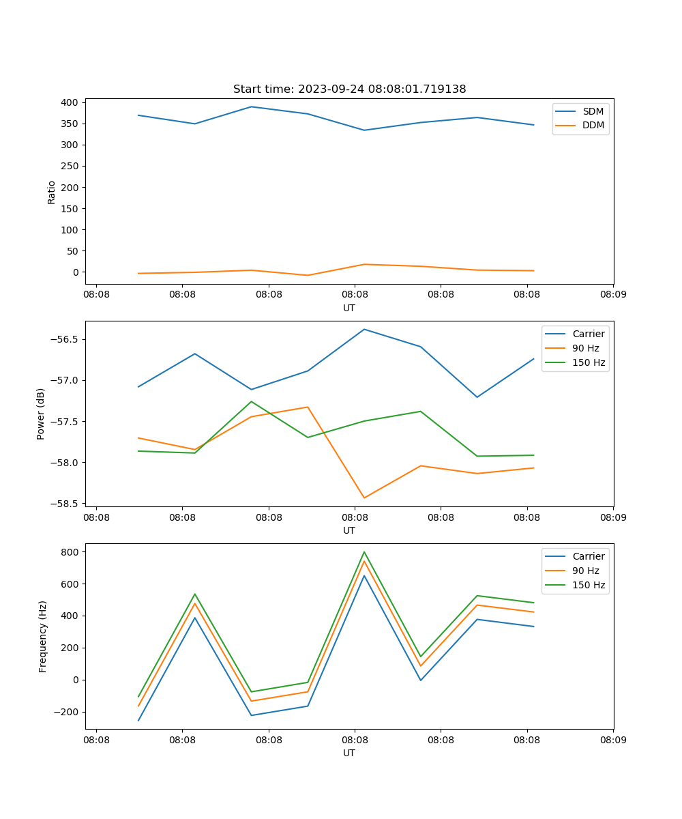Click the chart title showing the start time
[349, 89]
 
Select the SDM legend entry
[593, 111]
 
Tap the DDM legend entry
[593, 125]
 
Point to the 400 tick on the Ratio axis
[72, 102]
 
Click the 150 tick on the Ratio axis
[72, 208]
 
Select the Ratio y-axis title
[52, 192]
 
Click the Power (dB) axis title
[41, 414]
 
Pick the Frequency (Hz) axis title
[42, 636]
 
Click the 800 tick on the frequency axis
[72, 551]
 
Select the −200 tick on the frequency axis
[68, 712]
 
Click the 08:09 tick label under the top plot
[613, 296]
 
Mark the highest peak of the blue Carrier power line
[364, 329]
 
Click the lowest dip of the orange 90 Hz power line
[364, 498]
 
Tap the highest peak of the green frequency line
[364, 551]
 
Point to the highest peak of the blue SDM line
[252, 106]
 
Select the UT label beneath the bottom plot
[349, 753]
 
